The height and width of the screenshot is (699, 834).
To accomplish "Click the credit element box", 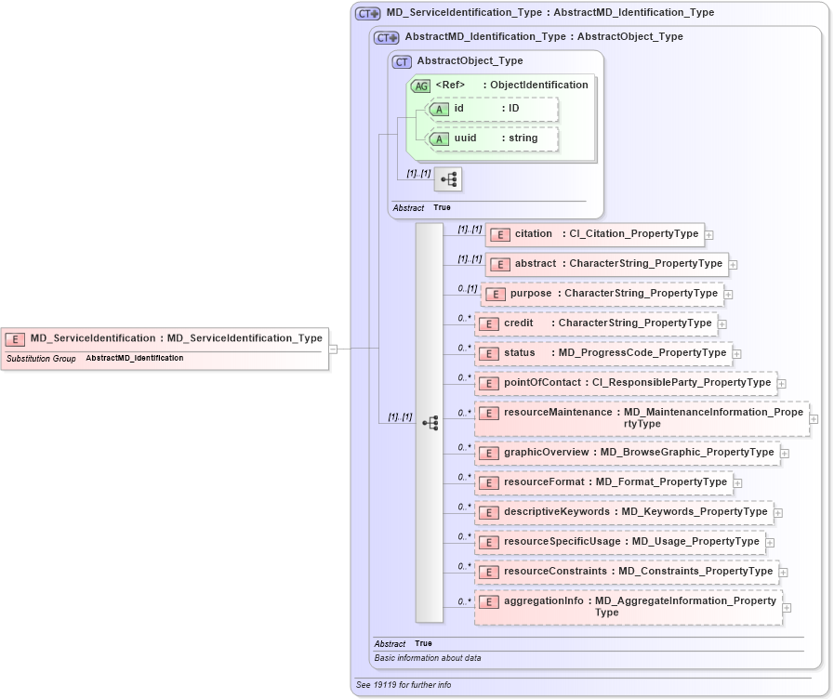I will (x=596, y=323).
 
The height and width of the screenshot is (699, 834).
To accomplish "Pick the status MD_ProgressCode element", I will (x=603, y=353).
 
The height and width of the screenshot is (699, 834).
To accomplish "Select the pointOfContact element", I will (x=626, y=383).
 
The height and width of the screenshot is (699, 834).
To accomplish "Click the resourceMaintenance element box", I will (x=642, y=418).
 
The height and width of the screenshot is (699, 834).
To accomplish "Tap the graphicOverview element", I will (x=628, y=453).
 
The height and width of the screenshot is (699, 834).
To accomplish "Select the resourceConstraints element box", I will (x=627, y=572).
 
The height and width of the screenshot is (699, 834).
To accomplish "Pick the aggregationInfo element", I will (x=629, y=607).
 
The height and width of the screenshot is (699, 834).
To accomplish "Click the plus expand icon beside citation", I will (x=709, y=235).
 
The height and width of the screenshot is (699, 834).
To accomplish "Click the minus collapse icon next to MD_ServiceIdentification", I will (x=333, y=349).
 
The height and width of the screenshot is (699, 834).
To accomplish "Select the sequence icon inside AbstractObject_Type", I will (x=448, y=178).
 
